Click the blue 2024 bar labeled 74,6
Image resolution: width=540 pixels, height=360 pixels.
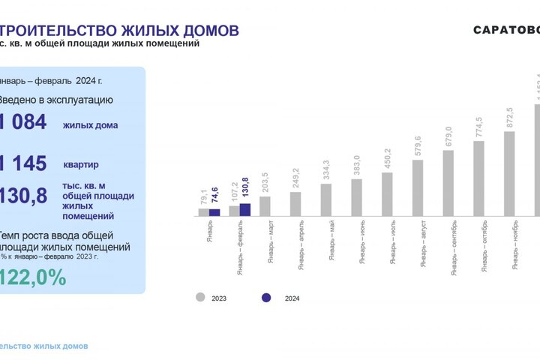point(214,212)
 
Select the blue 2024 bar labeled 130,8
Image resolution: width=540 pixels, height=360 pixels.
point(245,209)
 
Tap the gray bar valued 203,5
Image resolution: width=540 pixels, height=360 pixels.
point(265,206)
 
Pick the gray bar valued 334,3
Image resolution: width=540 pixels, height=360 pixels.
point(325,199)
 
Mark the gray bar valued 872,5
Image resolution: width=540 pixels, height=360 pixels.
point(509,173)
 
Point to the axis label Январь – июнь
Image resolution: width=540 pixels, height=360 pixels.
point(362,242)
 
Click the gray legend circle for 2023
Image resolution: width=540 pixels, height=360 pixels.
point(200,298)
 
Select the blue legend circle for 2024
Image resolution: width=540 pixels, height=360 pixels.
point(265,298)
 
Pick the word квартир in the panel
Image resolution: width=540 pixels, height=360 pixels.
point(81,164)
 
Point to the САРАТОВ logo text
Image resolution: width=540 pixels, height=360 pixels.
point(506,30)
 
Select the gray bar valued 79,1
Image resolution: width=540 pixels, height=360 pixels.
point(203,211)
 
